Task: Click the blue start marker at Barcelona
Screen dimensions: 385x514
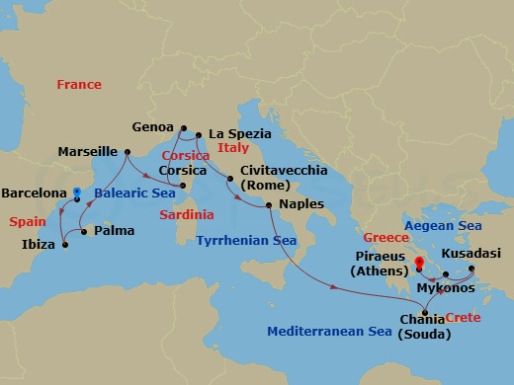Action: click(77, 192)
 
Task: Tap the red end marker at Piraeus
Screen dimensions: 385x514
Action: click(419, 264)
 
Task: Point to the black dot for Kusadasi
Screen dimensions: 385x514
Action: click(471, 269)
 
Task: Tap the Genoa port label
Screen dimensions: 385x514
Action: click(154, 127)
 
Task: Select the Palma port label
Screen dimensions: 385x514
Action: click(112, 233)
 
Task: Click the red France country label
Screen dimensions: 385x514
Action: click(79, 85)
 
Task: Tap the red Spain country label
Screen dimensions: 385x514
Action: click(28, 222)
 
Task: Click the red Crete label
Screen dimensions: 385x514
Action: click(464, 317)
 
